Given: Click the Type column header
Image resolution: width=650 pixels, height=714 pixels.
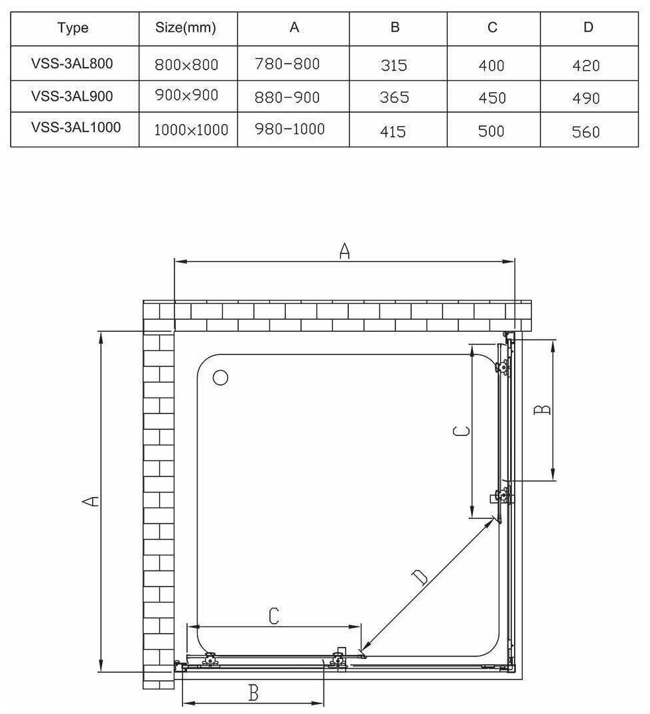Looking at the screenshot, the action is (73, 28).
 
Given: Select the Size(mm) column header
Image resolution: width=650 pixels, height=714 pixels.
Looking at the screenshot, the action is (186, 28).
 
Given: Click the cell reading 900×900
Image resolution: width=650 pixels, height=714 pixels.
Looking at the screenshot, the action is (186, 96).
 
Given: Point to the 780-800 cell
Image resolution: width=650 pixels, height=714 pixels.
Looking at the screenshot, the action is (287, 64).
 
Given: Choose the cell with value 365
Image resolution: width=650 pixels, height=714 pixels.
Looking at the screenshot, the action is (394, 98).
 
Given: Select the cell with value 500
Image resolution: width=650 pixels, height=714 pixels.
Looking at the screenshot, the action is (491, 130).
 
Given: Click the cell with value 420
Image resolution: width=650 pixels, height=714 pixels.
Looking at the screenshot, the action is (585, 66).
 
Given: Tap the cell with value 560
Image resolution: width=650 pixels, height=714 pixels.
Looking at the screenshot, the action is (585, 131).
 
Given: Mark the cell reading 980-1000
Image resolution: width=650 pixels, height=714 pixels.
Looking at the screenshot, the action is (289, 129).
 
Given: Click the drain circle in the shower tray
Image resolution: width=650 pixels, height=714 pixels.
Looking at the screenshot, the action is (220, 378).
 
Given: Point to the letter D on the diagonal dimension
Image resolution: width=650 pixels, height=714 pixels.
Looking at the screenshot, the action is (421, 577).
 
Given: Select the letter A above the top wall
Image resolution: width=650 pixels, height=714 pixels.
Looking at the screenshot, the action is (344, 251).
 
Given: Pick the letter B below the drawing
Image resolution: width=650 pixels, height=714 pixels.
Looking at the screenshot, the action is (253, 693).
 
